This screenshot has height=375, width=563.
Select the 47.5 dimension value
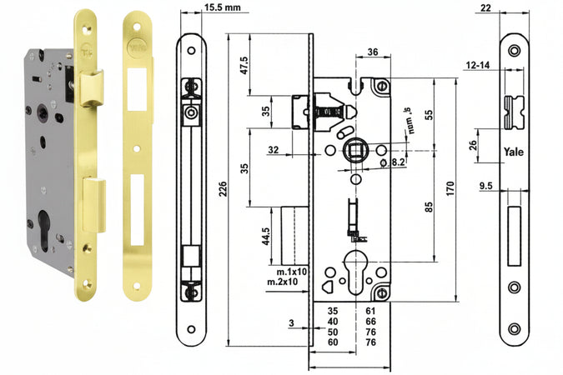(244, 65)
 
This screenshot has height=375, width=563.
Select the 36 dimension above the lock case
(373, 52)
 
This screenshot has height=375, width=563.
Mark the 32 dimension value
(274, 149)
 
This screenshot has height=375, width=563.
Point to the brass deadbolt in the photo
(93, 203)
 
